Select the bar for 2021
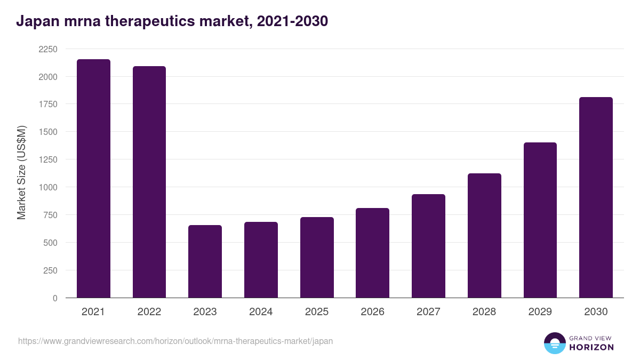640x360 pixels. point(93,179)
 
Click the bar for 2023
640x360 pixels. point(205,261)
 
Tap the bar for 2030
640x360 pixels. point(596,197)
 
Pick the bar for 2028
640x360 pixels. point(484,235)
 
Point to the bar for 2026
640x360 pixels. point(372,253)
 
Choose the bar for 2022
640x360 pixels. point(149,182)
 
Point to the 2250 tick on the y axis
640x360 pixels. point(47,49)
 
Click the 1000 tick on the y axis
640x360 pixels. point(47,187)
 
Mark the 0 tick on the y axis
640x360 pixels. point(55,298)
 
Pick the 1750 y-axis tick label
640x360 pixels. point(47,105)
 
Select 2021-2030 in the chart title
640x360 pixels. point(292,21)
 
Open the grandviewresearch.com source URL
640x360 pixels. point(175,341)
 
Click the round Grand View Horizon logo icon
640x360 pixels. point(555,343)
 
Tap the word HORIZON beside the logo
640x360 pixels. point(591,347)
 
